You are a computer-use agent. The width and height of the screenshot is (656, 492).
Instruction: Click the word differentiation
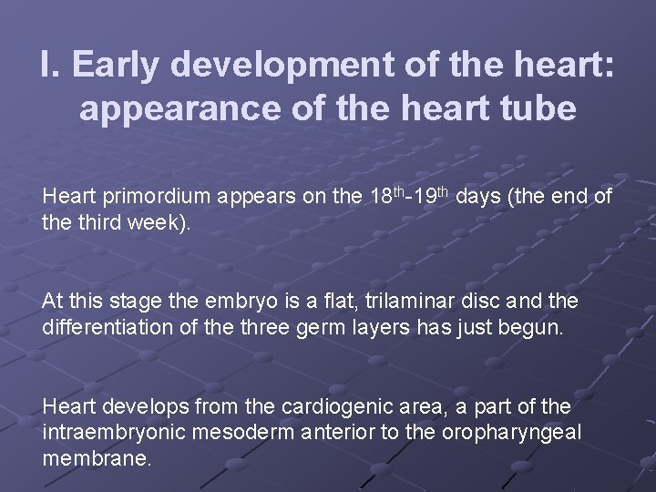[102, 327]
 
